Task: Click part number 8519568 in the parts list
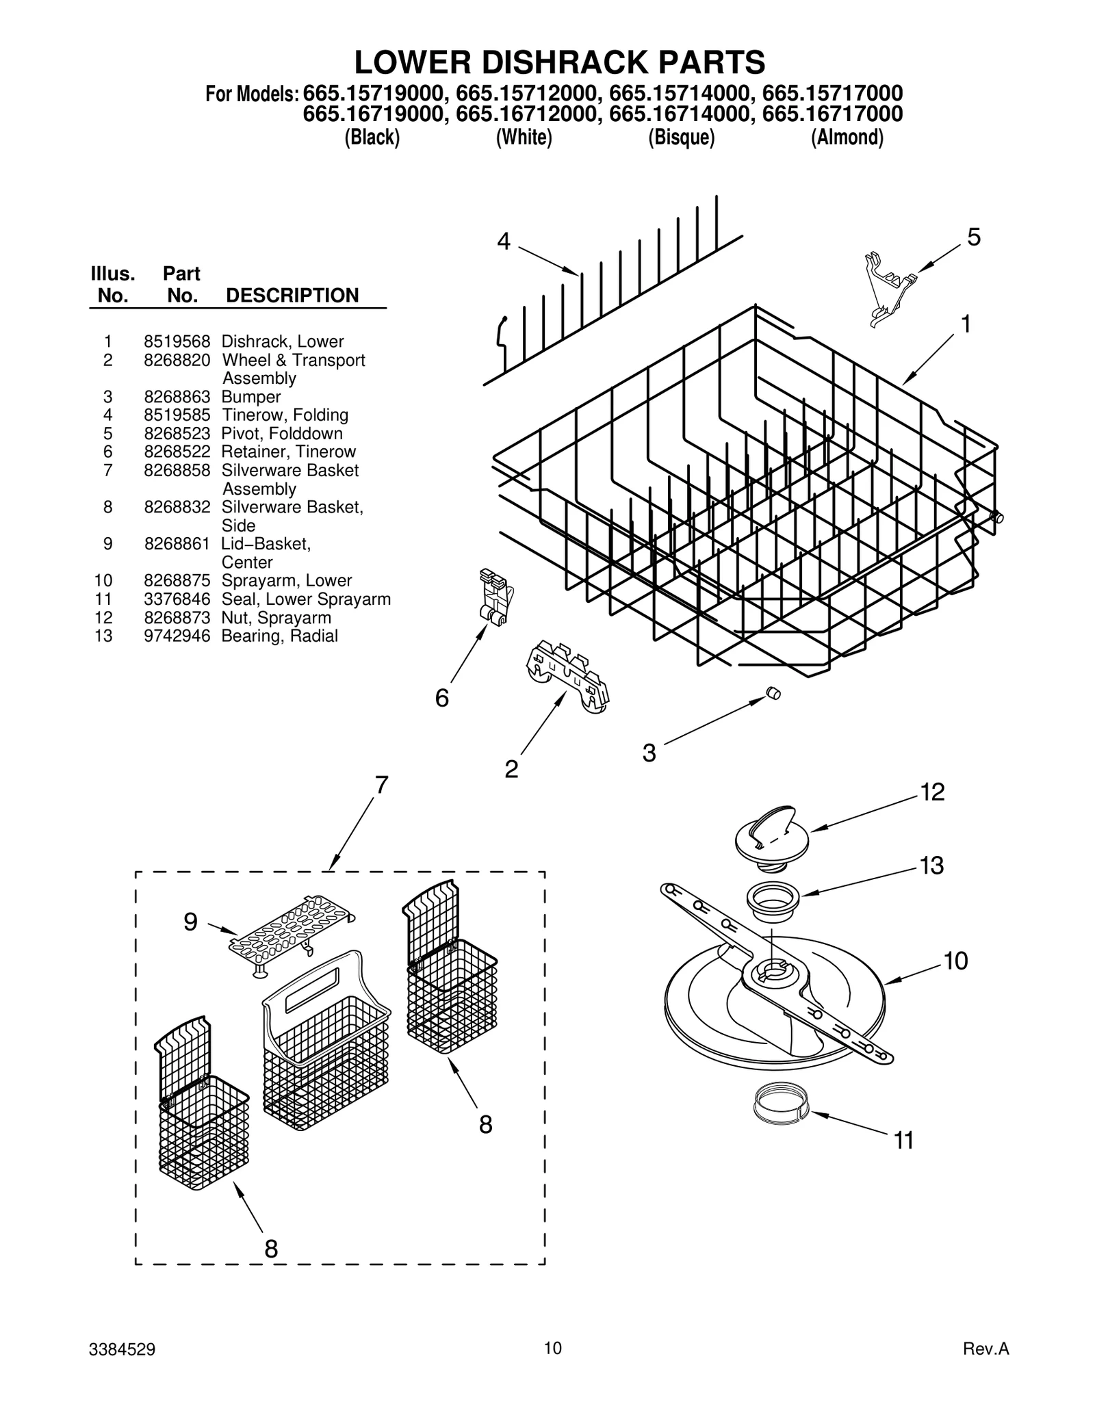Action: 177,341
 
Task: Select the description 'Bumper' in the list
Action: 250,397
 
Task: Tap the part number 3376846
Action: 177,599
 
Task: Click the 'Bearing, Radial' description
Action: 279,636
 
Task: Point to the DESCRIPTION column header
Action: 292,296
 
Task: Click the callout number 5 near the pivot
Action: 973,237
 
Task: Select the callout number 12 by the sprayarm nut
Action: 932,792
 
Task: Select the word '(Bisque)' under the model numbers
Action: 681,138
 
